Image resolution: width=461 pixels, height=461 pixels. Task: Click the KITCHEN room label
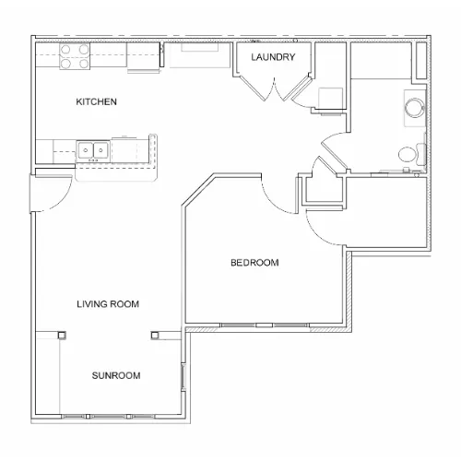(x=96, y=101)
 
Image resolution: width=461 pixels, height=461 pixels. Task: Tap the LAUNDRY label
(x=273, y=57)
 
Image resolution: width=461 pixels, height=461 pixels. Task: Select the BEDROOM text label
(x=254, y=263)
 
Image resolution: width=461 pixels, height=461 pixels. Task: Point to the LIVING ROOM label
(x=108, y=304)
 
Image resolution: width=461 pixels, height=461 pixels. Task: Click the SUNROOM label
(x=116, y=375)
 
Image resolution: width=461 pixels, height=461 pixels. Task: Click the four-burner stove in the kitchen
(x=75, y=56)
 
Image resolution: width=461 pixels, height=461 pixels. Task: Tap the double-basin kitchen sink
(x=92, y=150)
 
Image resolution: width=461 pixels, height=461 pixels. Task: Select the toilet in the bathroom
(x=412, y=154)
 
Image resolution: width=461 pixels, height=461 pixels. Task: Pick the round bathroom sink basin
(x=415, y=108)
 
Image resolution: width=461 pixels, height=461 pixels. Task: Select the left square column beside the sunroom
(x=62, y=335)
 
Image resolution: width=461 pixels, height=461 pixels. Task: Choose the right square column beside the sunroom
(x=155, y=335)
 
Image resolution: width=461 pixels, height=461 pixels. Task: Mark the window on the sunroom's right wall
(x=183, y=377)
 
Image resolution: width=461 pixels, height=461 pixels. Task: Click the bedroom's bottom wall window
(x=265, y=325)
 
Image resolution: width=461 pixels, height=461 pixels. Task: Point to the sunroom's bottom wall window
(x=108, y=417)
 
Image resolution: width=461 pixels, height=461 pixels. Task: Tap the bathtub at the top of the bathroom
(x=381, y=61)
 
